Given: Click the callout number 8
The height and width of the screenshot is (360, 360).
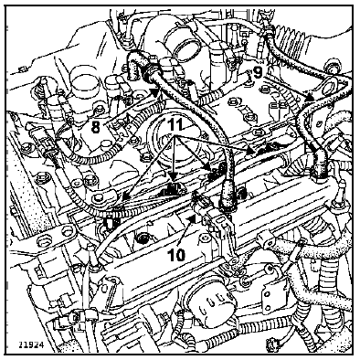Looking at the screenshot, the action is tap(96, 127).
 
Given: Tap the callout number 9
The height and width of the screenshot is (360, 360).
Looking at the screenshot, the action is tap(258, 72).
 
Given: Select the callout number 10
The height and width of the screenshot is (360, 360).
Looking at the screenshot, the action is tap(176, 255).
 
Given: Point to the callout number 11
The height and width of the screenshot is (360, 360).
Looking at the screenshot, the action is tap(175, 124).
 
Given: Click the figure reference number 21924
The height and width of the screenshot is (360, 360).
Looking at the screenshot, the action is tap(31, 345).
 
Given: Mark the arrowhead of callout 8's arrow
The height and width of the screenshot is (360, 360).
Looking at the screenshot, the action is tap(155, 92).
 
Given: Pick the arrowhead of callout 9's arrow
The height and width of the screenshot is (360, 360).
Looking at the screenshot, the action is tap(310, 98).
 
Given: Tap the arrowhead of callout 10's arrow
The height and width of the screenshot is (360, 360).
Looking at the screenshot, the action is tap(192, 217).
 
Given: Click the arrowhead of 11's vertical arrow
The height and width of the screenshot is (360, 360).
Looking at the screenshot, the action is tap(173, 177).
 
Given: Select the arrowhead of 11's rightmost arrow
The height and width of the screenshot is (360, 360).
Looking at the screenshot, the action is tap(250, 150).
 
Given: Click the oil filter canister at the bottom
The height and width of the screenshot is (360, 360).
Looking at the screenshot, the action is tap(211, 307).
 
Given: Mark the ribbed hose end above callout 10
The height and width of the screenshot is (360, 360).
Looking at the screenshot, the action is tap(226, 197).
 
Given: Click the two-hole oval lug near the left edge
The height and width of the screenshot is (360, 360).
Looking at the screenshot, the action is tap(56, 236).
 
